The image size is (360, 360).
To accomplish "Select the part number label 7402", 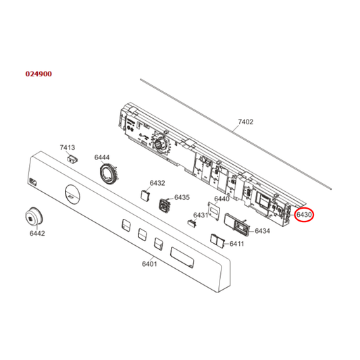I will [x=246, y=122].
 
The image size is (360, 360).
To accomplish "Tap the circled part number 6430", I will [x=304, y=215].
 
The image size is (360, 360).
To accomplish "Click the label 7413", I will [x=67, y=147].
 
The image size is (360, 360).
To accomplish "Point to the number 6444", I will [x=102, y=157].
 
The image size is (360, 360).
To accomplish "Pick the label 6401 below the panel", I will [x=149, y=264].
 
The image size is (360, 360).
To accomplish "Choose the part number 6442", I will [x=37, y=234].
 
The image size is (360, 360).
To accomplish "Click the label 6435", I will [x=182, y=197].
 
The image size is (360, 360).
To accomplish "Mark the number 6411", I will [x=236, y=243].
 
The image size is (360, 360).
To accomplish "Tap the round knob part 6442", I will [x=33, y=217].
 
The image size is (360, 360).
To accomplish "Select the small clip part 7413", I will [x=72, y=157].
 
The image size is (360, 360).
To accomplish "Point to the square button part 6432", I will [x=145, y=195].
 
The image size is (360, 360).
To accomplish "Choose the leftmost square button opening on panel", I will [x=126, y=225].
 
